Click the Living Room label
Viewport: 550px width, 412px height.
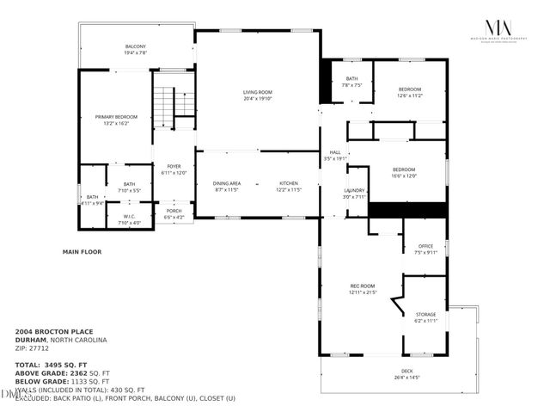[x=257, y=95]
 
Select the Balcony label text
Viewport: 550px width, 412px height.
[x=136, y=50]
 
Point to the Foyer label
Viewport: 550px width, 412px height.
[x=174, y=169]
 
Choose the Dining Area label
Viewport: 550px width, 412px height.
[x=227, y=187]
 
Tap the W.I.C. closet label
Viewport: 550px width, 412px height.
[x=129, y=218]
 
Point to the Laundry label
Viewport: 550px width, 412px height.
[x=355, y=193]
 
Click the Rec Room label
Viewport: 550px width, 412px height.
[x=363, y=288]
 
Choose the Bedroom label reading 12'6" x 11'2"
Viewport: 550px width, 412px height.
[x=409, y=93]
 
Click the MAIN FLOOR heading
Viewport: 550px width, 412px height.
[x=82, y=252]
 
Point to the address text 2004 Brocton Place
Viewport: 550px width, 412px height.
[x=52, y=330]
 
